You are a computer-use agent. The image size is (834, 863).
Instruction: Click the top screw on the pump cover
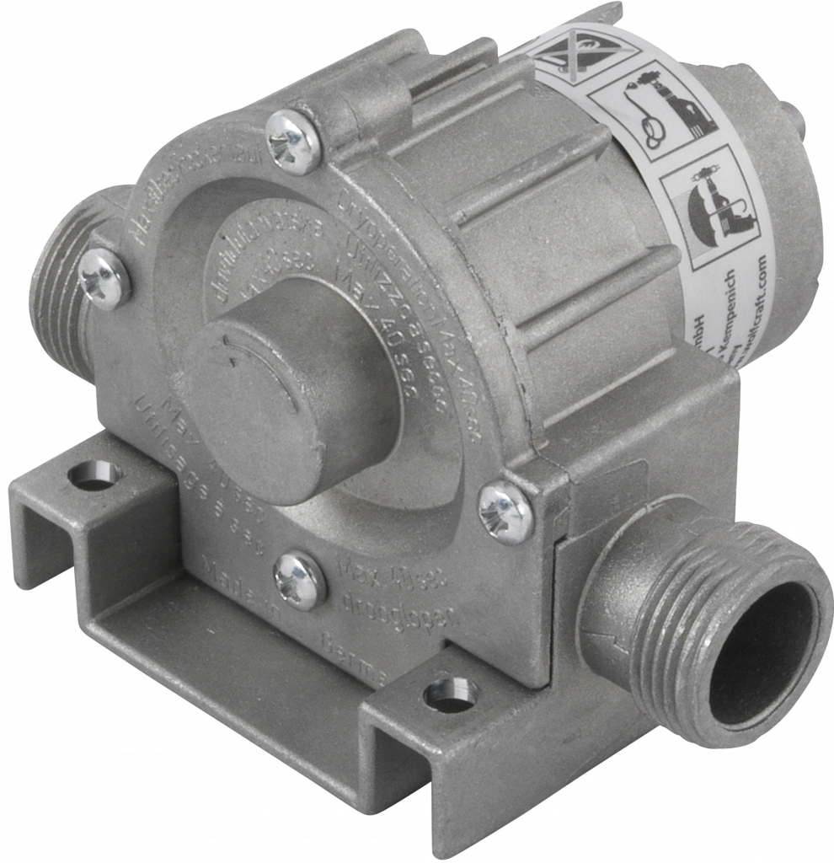pyautogui.click(x=293, y=141)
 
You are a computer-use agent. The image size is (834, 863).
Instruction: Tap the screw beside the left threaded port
pyautogui.click(x=104, y=277)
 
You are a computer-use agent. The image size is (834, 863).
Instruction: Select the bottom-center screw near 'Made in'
pyautogui.click(x=300, y=581)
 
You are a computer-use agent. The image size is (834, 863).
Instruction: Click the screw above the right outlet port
pyautogui.click(x=505, y=512)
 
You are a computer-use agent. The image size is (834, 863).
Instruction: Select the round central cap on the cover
pyautogui.click(x=291, y=388)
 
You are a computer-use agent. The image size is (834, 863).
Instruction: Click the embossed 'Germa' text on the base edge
pyautogui.click(x=354, y=657)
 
